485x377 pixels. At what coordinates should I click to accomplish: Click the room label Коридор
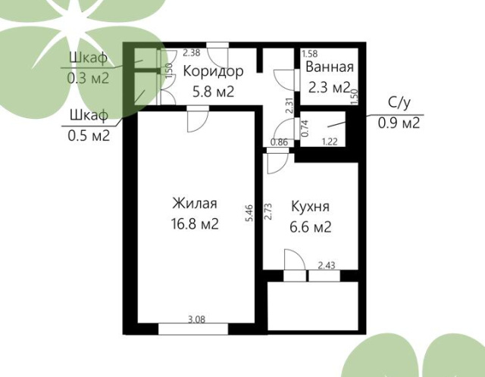[x=214, y=72]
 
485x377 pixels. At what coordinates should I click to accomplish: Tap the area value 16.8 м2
[x=195, y=223]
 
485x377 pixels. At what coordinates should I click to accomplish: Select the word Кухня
[x=310, y=207]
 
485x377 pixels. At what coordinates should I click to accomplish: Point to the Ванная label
[x=330, y=67]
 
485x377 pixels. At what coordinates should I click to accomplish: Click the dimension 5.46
[x=249, y=213]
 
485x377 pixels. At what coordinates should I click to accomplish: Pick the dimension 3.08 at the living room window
[x=197, y=319]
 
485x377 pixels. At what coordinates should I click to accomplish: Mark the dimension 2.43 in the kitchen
[x=327, y=265]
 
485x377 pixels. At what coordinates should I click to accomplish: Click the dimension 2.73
[x=268, y=211]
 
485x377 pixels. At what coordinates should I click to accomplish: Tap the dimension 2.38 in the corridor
[x=192, y=52]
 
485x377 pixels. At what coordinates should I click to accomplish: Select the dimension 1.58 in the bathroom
[x=310, y=54]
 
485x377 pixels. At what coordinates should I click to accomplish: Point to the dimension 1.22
[x=330, y=142]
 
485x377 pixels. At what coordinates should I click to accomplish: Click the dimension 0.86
[x=279, y=142]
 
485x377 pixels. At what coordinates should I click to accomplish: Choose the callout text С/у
[x=399, y=103]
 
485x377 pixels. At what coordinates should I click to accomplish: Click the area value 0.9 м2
[x=399, y=123]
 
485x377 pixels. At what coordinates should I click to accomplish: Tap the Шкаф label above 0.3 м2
[x=88, y=58]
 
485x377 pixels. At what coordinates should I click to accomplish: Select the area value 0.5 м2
[x=89, y=135]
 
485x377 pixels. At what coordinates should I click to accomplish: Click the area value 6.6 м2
[x=311, y=227]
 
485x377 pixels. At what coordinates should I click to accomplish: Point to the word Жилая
[x=195, y=204]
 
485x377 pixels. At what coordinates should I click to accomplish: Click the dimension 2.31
[x=289, y=105]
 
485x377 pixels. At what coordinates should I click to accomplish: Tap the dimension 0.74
[x=305, y=128]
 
